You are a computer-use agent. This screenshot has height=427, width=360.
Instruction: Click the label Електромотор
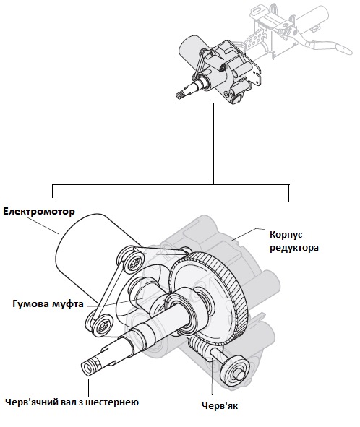(x=39, y=212)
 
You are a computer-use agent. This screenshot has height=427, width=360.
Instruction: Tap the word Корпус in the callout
(x=286, y=235)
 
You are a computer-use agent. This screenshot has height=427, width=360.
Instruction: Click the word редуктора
(x=294, y=248)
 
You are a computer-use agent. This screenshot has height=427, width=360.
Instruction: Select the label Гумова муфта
(x=48, y=304)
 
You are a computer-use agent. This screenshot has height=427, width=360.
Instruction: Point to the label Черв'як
(x=220, y=406)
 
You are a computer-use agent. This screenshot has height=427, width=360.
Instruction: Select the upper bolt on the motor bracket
(x=134, y=263)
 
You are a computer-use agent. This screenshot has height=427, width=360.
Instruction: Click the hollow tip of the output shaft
(x=87, y=368)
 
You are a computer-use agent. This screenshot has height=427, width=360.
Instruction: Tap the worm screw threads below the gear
(x=200, y=348)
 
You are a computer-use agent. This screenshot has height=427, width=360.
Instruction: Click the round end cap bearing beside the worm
(x=235, y=371)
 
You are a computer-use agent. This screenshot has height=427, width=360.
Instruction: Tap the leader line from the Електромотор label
(x=43, y=225)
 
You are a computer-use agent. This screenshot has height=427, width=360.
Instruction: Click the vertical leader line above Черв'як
(x=212, y=378)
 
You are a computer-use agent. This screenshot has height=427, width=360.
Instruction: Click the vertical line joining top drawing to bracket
(x=214, y=144)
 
